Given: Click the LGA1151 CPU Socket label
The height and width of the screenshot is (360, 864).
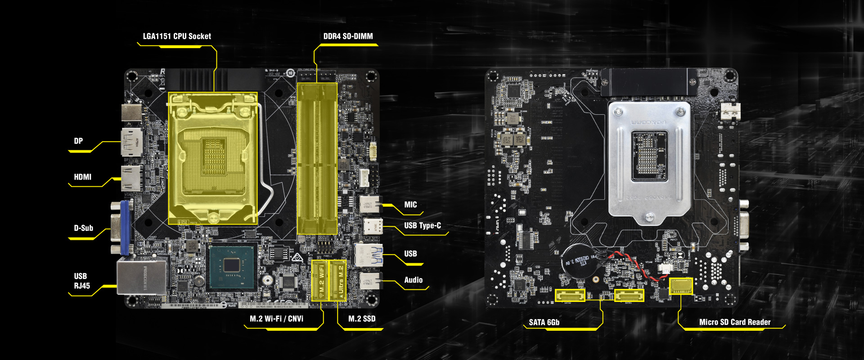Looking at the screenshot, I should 177,36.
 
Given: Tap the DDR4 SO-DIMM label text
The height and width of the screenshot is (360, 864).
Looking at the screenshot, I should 348,36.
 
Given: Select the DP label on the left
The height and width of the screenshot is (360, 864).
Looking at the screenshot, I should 78,141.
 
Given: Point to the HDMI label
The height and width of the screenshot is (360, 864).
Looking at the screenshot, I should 82,177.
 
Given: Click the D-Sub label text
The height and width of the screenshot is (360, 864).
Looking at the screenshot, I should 83,228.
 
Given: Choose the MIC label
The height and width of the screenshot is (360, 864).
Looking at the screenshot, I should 410,205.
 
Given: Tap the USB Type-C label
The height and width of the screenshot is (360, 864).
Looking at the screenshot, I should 422,225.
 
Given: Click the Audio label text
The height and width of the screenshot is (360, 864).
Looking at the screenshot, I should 413,280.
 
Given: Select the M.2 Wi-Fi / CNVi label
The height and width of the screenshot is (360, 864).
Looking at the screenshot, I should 276,319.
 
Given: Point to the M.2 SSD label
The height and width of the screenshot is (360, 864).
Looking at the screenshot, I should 362,319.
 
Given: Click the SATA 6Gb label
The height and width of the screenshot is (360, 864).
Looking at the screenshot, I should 544,322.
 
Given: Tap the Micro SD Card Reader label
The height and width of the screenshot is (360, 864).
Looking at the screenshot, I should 734,322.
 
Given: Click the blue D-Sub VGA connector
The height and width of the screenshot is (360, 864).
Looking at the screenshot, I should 121,228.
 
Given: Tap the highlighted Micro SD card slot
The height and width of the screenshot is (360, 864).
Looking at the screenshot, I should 681,285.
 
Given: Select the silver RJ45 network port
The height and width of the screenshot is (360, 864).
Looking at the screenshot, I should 141,276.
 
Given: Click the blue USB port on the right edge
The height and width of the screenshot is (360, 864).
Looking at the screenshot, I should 369,255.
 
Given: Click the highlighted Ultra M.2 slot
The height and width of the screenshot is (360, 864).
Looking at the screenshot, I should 338,280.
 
